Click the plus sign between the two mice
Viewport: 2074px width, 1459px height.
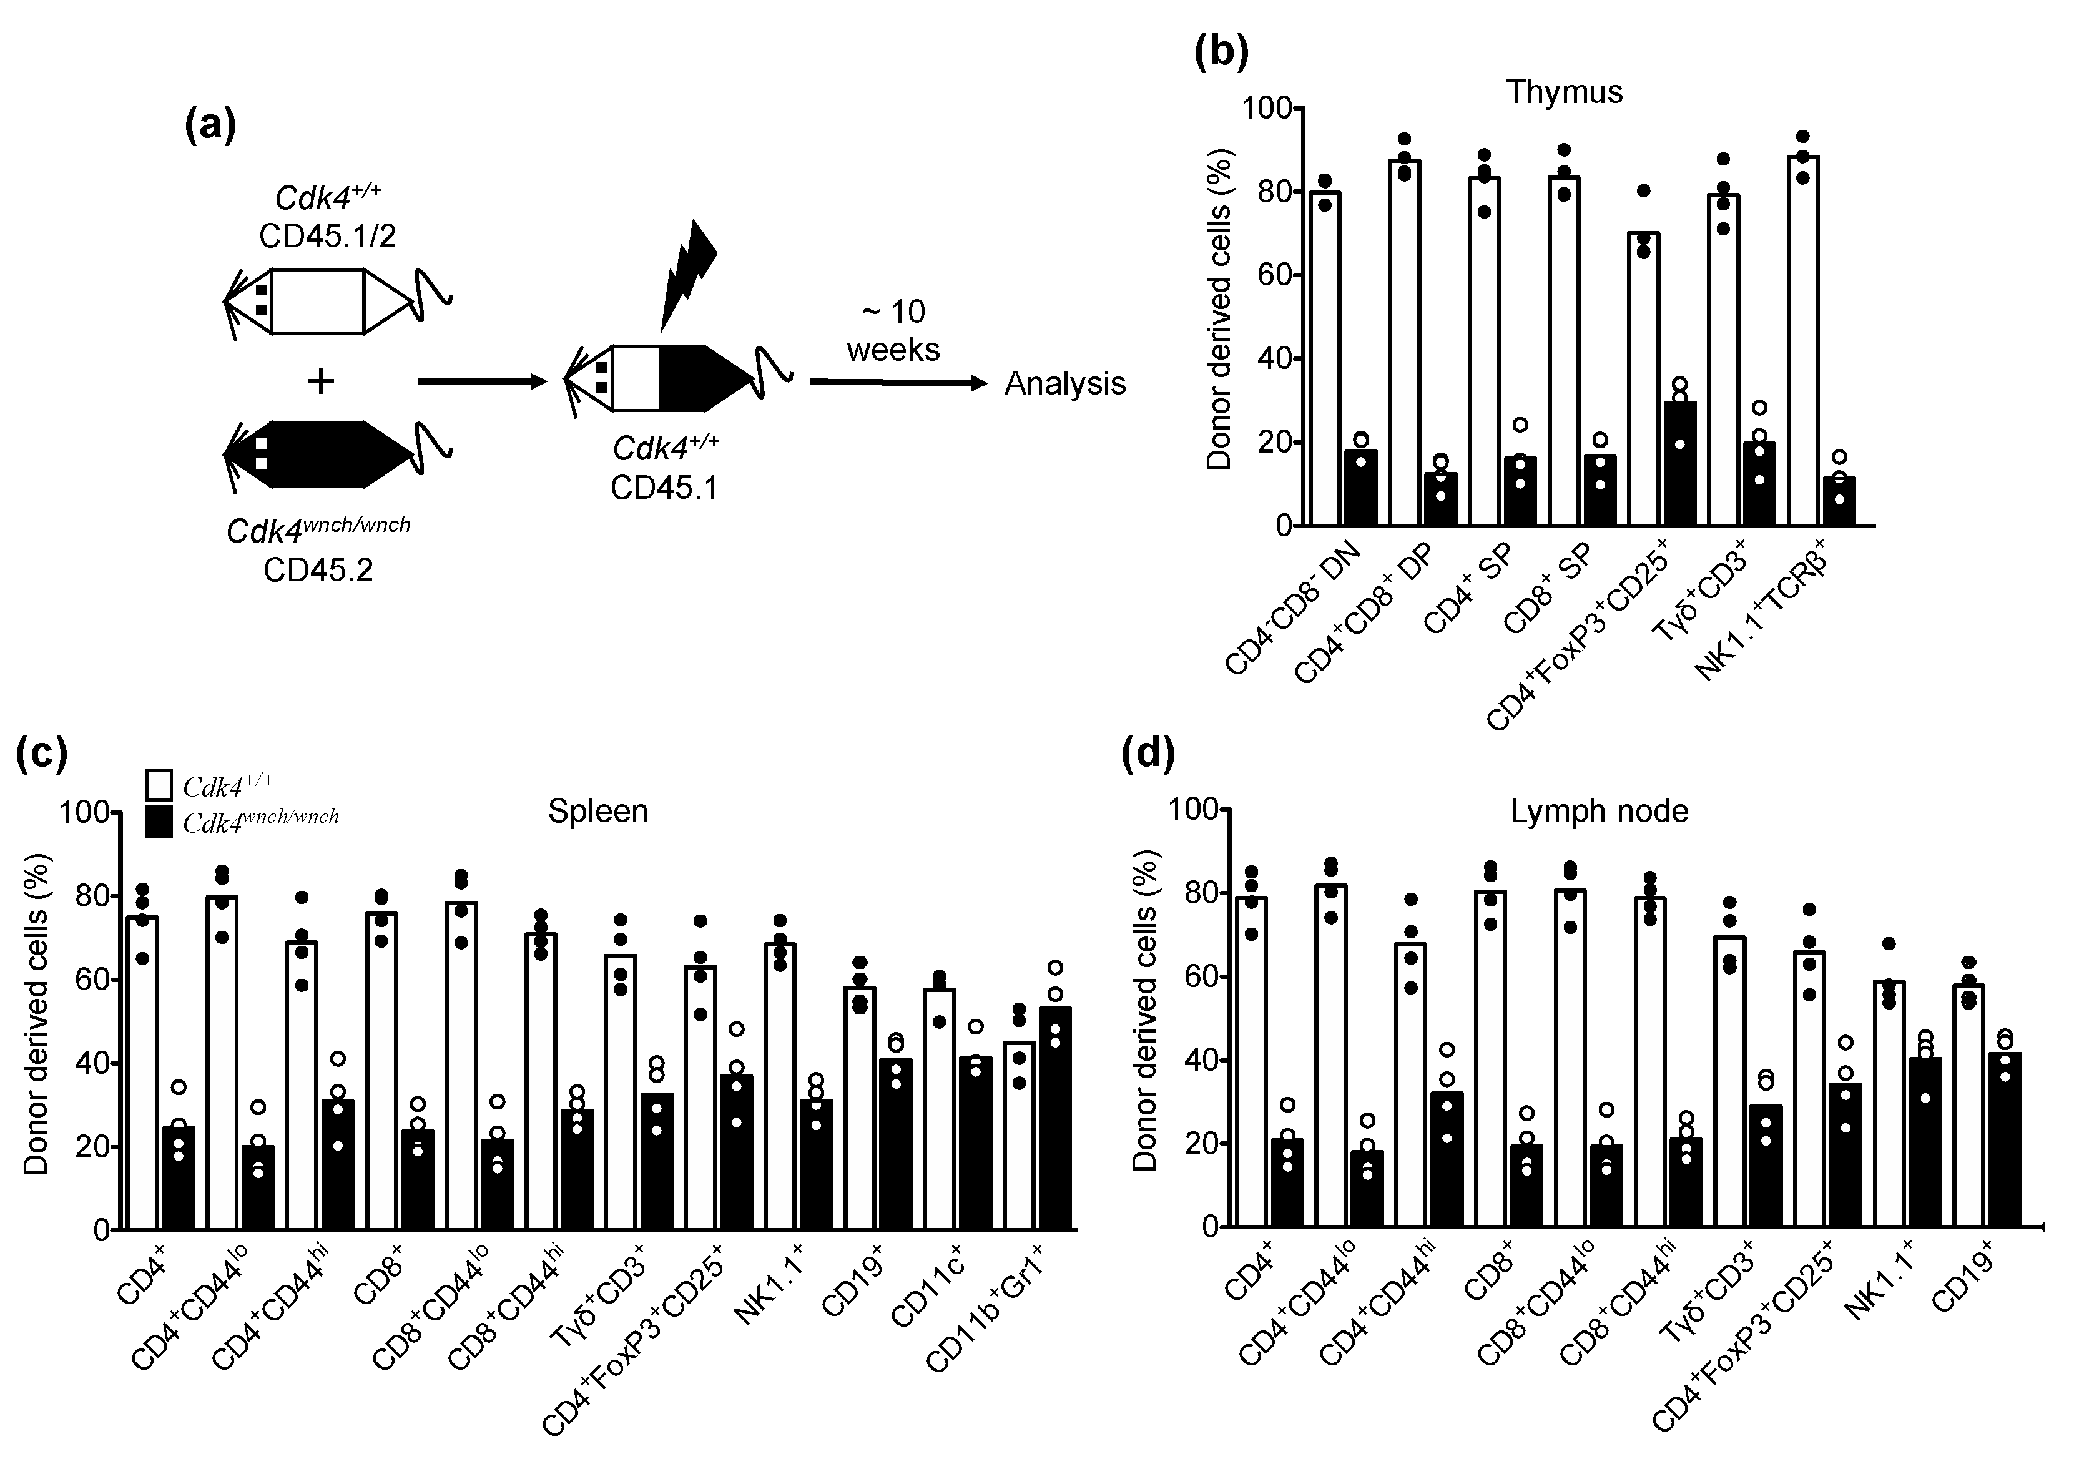321,381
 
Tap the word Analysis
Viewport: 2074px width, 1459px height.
1065,384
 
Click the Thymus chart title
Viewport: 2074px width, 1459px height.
1565,92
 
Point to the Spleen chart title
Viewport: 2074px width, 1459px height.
598,811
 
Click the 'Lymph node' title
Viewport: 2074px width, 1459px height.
1599,811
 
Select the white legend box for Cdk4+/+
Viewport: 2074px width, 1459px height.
159,785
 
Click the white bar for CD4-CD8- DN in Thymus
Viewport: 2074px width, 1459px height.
1324,361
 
